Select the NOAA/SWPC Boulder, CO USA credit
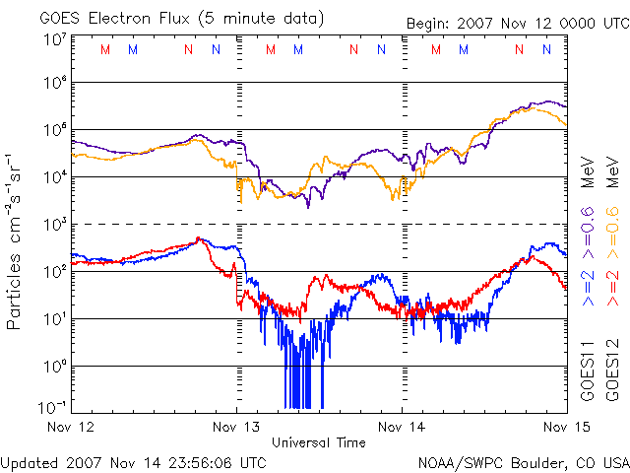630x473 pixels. click(523, 461)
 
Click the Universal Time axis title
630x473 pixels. click(319, 442)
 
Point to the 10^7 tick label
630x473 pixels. click(54, 39)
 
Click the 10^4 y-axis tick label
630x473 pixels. click(54, 176)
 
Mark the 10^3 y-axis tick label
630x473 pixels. click(54, 224)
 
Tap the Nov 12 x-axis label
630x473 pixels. click(71, 427)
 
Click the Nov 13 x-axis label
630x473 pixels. click(236, 427)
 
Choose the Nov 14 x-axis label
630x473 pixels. click(402, 427)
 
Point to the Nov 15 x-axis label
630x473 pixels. click(565, 427)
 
